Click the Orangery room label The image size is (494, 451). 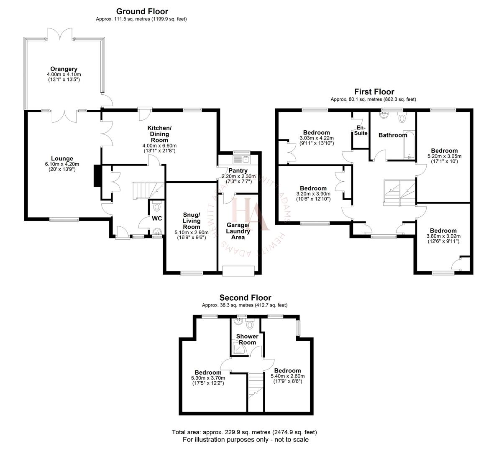point(64,69)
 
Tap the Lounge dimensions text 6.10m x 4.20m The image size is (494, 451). point(62,164)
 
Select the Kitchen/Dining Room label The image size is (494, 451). point(159,134)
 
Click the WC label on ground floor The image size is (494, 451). point(157,218)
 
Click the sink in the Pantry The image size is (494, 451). point(241,159)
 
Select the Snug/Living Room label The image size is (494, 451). point(192,221)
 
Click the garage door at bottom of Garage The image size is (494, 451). point(238,271)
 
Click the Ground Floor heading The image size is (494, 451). point(142,11)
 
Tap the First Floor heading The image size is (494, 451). point(374,92)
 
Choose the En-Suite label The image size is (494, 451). point(361,130)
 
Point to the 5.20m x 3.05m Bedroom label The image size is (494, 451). point(444,151)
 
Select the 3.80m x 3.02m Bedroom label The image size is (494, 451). point(443,231)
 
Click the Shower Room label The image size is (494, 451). point(247,339)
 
